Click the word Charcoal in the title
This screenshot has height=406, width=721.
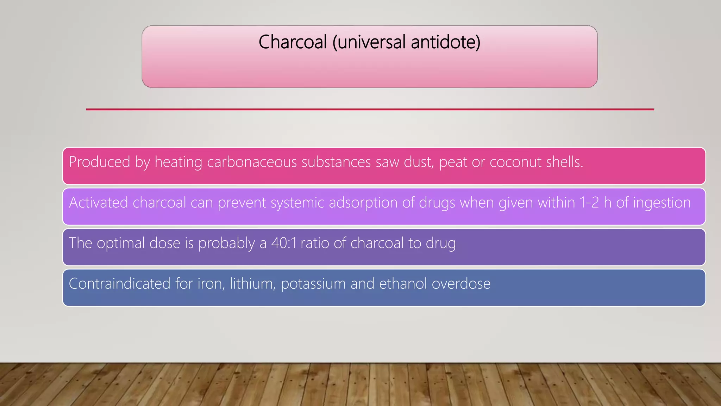293,42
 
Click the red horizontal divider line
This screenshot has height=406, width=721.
370,109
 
